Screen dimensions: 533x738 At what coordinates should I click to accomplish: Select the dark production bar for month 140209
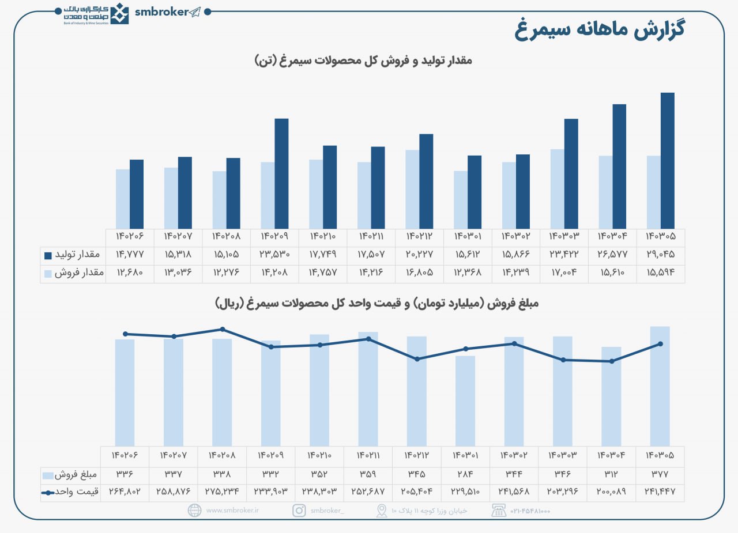coord(281,173)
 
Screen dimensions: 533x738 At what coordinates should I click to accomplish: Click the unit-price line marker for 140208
coord(223,329)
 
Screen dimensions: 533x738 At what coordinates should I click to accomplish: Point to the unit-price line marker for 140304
coord(611,361)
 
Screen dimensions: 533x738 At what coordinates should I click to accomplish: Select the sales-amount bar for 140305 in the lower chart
coord(660,386)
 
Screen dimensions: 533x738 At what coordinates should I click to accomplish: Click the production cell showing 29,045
coord(660,254)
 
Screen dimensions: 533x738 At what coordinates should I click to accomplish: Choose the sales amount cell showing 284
coord(465,475)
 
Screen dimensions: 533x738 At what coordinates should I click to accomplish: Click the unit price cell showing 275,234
coord(222,492)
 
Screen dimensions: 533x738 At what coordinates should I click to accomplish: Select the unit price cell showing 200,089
coord(611,492)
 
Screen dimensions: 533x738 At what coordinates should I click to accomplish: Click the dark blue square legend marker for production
coord(48,255)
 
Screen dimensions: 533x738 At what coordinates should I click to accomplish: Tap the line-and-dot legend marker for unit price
coord(48,493)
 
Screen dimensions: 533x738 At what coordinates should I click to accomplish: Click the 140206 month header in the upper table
coord(129,236)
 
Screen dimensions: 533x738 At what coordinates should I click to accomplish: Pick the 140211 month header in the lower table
coord(367,455)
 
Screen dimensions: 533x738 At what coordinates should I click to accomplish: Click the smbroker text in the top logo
coord(162,12)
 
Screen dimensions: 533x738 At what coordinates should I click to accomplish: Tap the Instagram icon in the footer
coord(299,511)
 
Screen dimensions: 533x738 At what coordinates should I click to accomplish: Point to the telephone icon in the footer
coord(499,511)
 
